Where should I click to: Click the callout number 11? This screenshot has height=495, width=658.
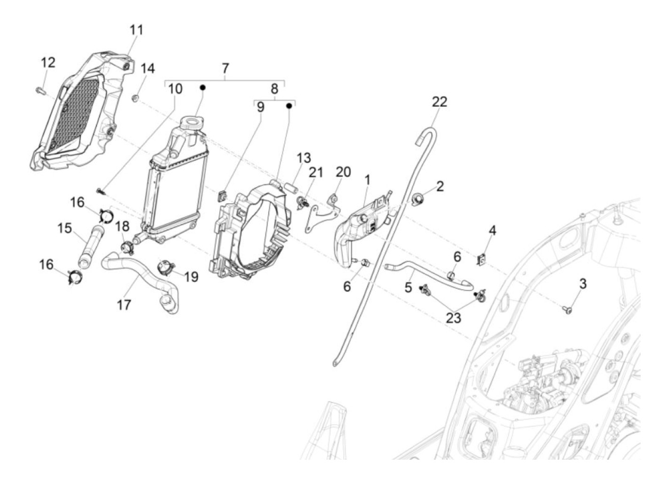(136, 30)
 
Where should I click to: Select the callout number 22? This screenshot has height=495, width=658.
(439, 102)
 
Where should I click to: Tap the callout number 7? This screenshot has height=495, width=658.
(225, 68)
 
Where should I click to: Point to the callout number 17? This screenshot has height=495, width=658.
(124, 305)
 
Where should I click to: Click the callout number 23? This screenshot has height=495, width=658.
(454, 318)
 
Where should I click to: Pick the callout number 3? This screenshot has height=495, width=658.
(582, 284)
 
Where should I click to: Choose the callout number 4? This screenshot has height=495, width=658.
(492, 231)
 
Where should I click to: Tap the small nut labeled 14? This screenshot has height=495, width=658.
(135, 98)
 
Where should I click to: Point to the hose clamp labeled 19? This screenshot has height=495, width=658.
(164, 269)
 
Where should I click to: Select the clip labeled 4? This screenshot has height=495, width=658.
(481, 260)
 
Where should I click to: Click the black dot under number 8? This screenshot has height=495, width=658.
(290, 106)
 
